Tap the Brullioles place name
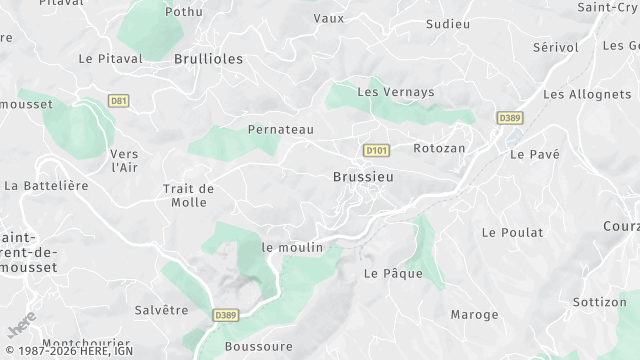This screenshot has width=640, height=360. pos(208,59)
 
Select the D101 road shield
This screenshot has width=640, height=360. pos(376,151)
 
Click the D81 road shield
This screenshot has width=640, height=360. pos(119,101)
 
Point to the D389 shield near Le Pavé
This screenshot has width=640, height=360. pos(510,118)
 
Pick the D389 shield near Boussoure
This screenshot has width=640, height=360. pos(226,314)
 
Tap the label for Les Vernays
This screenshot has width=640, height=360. pos(396,92)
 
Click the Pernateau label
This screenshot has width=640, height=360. pos(281,130)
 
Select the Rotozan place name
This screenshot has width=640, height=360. pos(439,148)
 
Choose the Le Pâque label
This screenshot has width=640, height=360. pos(393,273)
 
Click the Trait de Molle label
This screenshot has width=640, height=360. pos(188,195)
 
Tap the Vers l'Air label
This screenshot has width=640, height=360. pos(125,160)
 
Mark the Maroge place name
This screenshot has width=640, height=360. pos(474,315)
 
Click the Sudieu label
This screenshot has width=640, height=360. pos(447,23)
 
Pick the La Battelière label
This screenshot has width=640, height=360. pos(47,186)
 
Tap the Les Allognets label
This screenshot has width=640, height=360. pos(580,94)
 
